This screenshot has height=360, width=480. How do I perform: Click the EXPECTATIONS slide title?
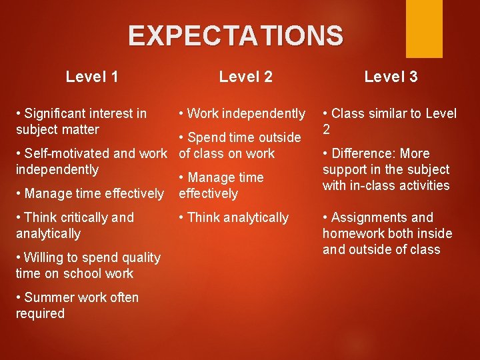click(235, 35)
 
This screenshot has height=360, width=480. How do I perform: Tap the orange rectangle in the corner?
click(424, 28)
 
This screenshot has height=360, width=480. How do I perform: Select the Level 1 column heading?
click(93, 77)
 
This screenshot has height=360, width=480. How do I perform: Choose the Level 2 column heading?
click(245, 77)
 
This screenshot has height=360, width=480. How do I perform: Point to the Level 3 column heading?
click(391, 77)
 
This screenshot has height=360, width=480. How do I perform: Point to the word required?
click(40, 313)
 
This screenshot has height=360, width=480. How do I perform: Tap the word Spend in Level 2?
click(206, 137)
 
